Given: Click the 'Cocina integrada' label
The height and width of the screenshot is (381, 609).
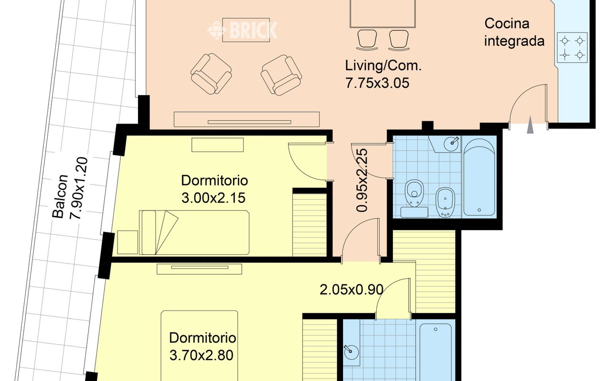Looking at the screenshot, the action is point(514,32).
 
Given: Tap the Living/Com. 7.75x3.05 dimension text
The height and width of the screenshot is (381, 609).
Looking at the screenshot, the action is point(383,74).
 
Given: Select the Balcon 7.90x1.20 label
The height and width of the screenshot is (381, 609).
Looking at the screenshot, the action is point(70,188).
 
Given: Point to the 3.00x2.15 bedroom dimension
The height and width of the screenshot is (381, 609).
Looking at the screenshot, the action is point(214,198).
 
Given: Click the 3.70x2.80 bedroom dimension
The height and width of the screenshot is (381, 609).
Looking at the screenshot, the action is point(201,355).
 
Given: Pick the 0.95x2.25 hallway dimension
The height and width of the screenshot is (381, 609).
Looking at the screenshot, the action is point(362,180).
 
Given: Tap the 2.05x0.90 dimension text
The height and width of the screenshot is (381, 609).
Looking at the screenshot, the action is point(352,290).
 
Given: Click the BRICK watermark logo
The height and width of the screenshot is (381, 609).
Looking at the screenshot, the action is point(242,30).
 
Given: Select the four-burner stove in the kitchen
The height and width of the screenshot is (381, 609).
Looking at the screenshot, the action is point(572,48).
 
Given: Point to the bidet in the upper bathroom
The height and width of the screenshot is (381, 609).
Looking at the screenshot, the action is point(445,202).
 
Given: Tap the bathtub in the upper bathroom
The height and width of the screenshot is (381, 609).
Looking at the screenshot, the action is point(479,178).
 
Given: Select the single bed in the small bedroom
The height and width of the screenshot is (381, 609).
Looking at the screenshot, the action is point(194,232).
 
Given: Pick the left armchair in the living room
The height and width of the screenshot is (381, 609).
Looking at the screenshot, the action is point(211,74).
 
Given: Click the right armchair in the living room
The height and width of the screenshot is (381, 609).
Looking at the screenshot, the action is point(281,75).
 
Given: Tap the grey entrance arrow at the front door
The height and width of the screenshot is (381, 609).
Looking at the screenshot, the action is point(530,125).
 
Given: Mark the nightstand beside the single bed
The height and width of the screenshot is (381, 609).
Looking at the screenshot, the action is point(128,242).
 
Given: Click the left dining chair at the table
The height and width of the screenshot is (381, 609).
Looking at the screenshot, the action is point(367,40).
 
